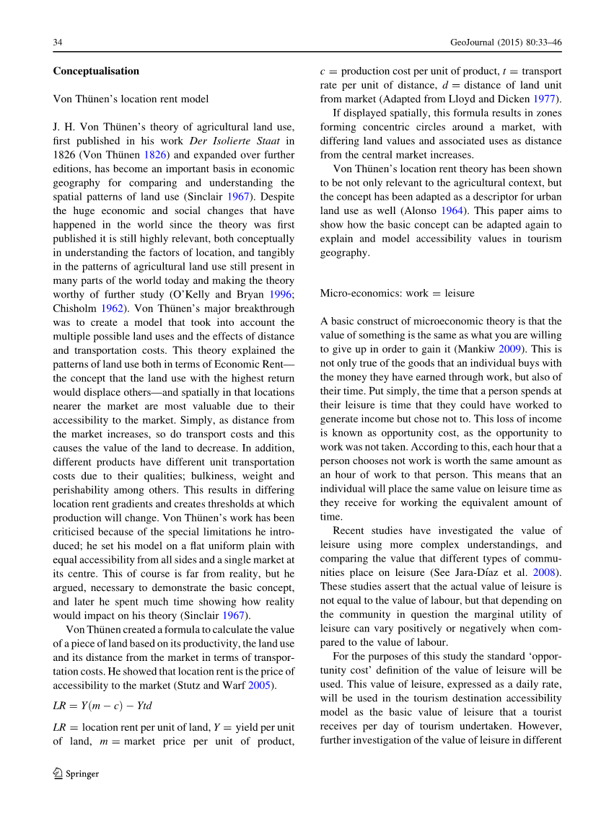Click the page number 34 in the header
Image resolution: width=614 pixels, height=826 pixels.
coord(58,43)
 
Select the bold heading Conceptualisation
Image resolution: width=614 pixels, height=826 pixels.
coord(96,71)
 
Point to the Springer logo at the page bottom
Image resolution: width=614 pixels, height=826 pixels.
coord(76,773)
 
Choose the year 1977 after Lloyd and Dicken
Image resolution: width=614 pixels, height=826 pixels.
coord(548,99)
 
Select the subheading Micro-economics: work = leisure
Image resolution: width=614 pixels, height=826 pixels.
coord(397,293)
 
